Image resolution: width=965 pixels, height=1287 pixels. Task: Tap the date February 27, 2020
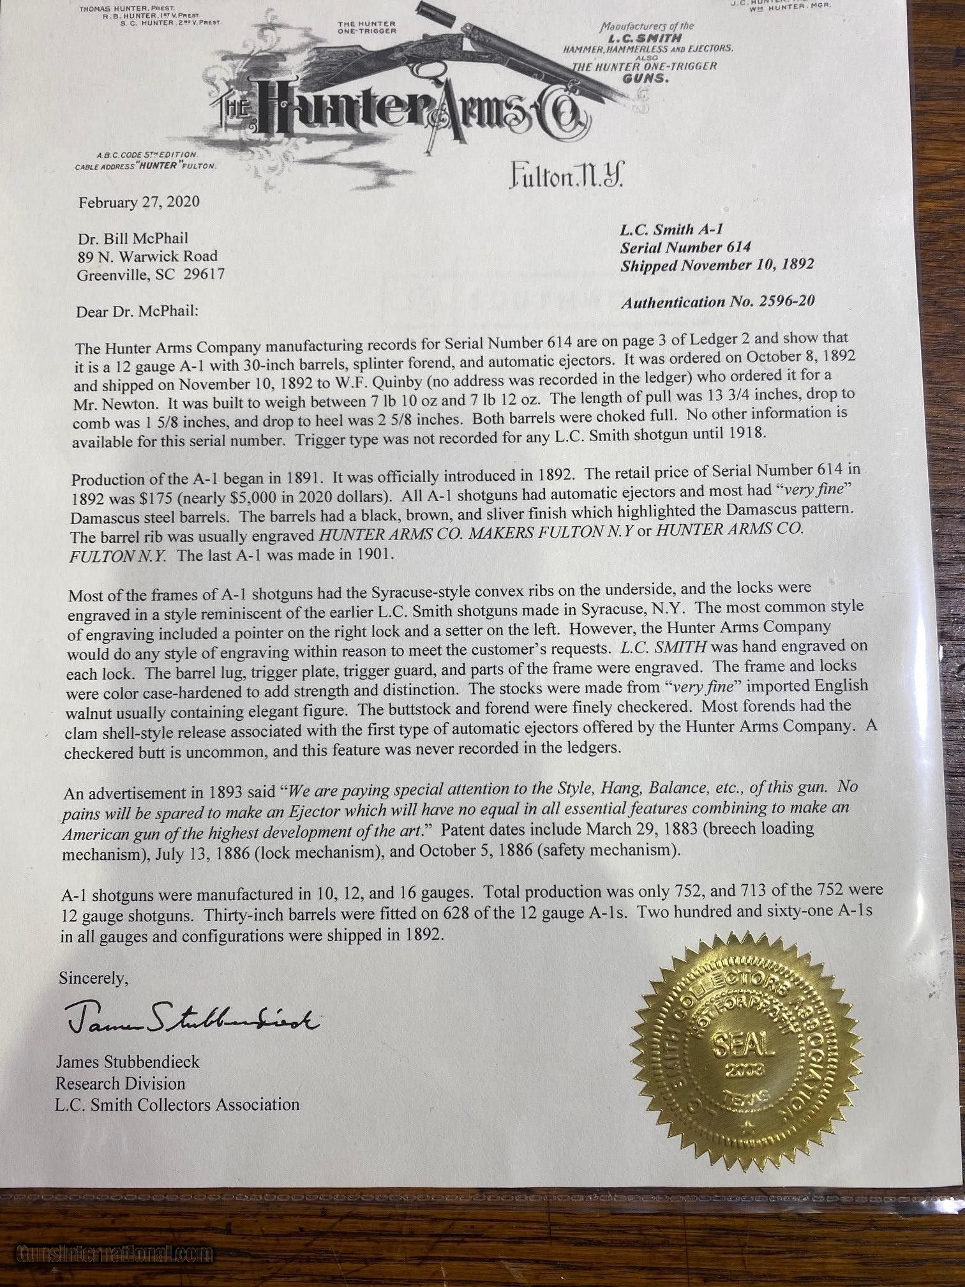tap(138, 202)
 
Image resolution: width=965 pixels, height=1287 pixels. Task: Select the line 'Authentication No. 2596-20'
tap(717, 301)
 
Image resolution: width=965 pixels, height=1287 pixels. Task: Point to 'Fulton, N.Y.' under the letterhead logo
tap(566, 175)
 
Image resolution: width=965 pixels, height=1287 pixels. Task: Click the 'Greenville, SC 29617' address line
tap(151, 275)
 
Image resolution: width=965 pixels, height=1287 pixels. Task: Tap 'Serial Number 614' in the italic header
tap(685, 247)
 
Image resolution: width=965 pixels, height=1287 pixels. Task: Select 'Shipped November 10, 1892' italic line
tap(717, 265)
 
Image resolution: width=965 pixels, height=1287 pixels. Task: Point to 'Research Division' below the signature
tap(120, 1083)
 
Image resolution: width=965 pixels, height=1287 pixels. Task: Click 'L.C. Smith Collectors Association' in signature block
tap(177, 1104)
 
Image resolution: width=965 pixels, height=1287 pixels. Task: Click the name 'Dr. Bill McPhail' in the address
tap(132, 238)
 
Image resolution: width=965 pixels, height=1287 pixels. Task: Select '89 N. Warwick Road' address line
tap(147, 256)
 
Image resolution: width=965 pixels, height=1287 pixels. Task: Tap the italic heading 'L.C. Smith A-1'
tap(671, 229)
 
